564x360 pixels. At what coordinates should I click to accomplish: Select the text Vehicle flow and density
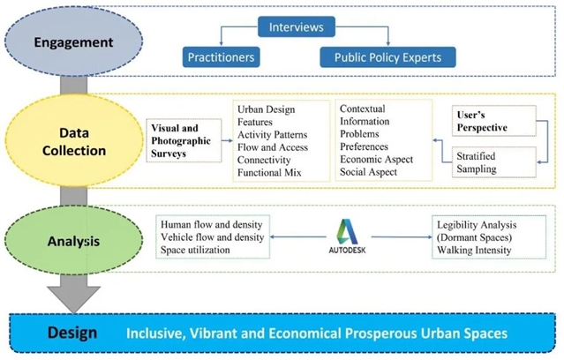[x=212, y=236]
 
